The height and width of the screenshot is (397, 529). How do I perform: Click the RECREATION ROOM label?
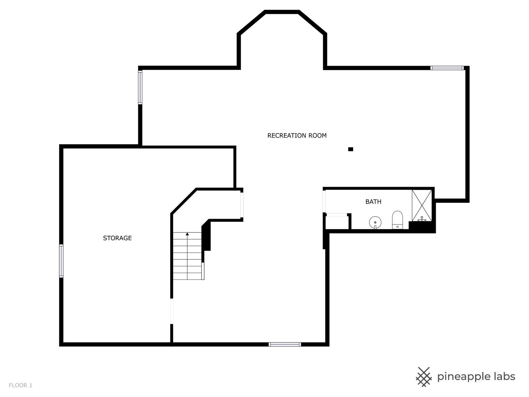[297, 135]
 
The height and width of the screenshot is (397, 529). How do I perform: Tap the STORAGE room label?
[117, 238]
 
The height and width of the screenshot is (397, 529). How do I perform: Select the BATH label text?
[373, 202]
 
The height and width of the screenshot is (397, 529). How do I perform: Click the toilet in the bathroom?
[397, 220]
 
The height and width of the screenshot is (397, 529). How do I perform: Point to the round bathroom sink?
[375, 222]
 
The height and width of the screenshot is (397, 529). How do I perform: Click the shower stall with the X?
[422, 205]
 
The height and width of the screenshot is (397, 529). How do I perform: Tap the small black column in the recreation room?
[350, 149]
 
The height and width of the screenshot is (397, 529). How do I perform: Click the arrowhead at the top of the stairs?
[187, 234]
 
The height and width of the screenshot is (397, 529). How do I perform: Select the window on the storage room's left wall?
[61, 261]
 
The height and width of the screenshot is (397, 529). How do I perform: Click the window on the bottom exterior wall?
[285, 344]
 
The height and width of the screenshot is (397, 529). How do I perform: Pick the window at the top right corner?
[447, 68]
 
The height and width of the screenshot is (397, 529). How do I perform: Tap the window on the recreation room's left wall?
[140, 87]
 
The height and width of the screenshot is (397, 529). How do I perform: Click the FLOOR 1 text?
[20, 385]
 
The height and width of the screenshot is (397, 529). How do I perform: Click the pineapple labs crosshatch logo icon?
[424, 377]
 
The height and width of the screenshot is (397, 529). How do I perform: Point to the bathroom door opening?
[325, 201]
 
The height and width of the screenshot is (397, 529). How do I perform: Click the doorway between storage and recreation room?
[172, 311]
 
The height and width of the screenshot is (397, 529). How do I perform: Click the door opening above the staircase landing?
[242, 205]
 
